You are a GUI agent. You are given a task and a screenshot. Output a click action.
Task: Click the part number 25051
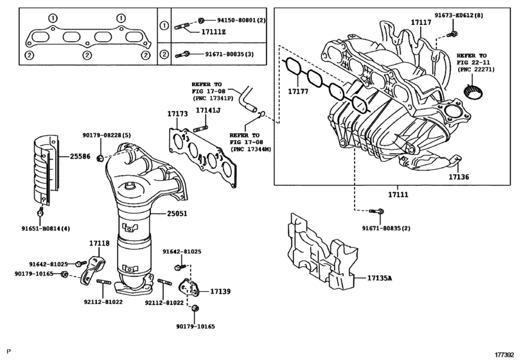click(x=174, y=213)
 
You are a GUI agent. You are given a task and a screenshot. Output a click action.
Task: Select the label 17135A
click(x=380, y=278)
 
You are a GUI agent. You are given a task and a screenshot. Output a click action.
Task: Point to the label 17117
click(x=421, y=22)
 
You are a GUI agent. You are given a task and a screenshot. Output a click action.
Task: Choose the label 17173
click(x=177, y=114)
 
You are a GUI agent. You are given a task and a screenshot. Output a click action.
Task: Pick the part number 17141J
click(x=208, y=111)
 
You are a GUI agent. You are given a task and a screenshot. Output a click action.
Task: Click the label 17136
click(x=459, y=175)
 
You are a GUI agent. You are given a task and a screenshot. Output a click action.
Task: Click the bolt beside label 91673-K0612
click(x=454, y=32)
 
